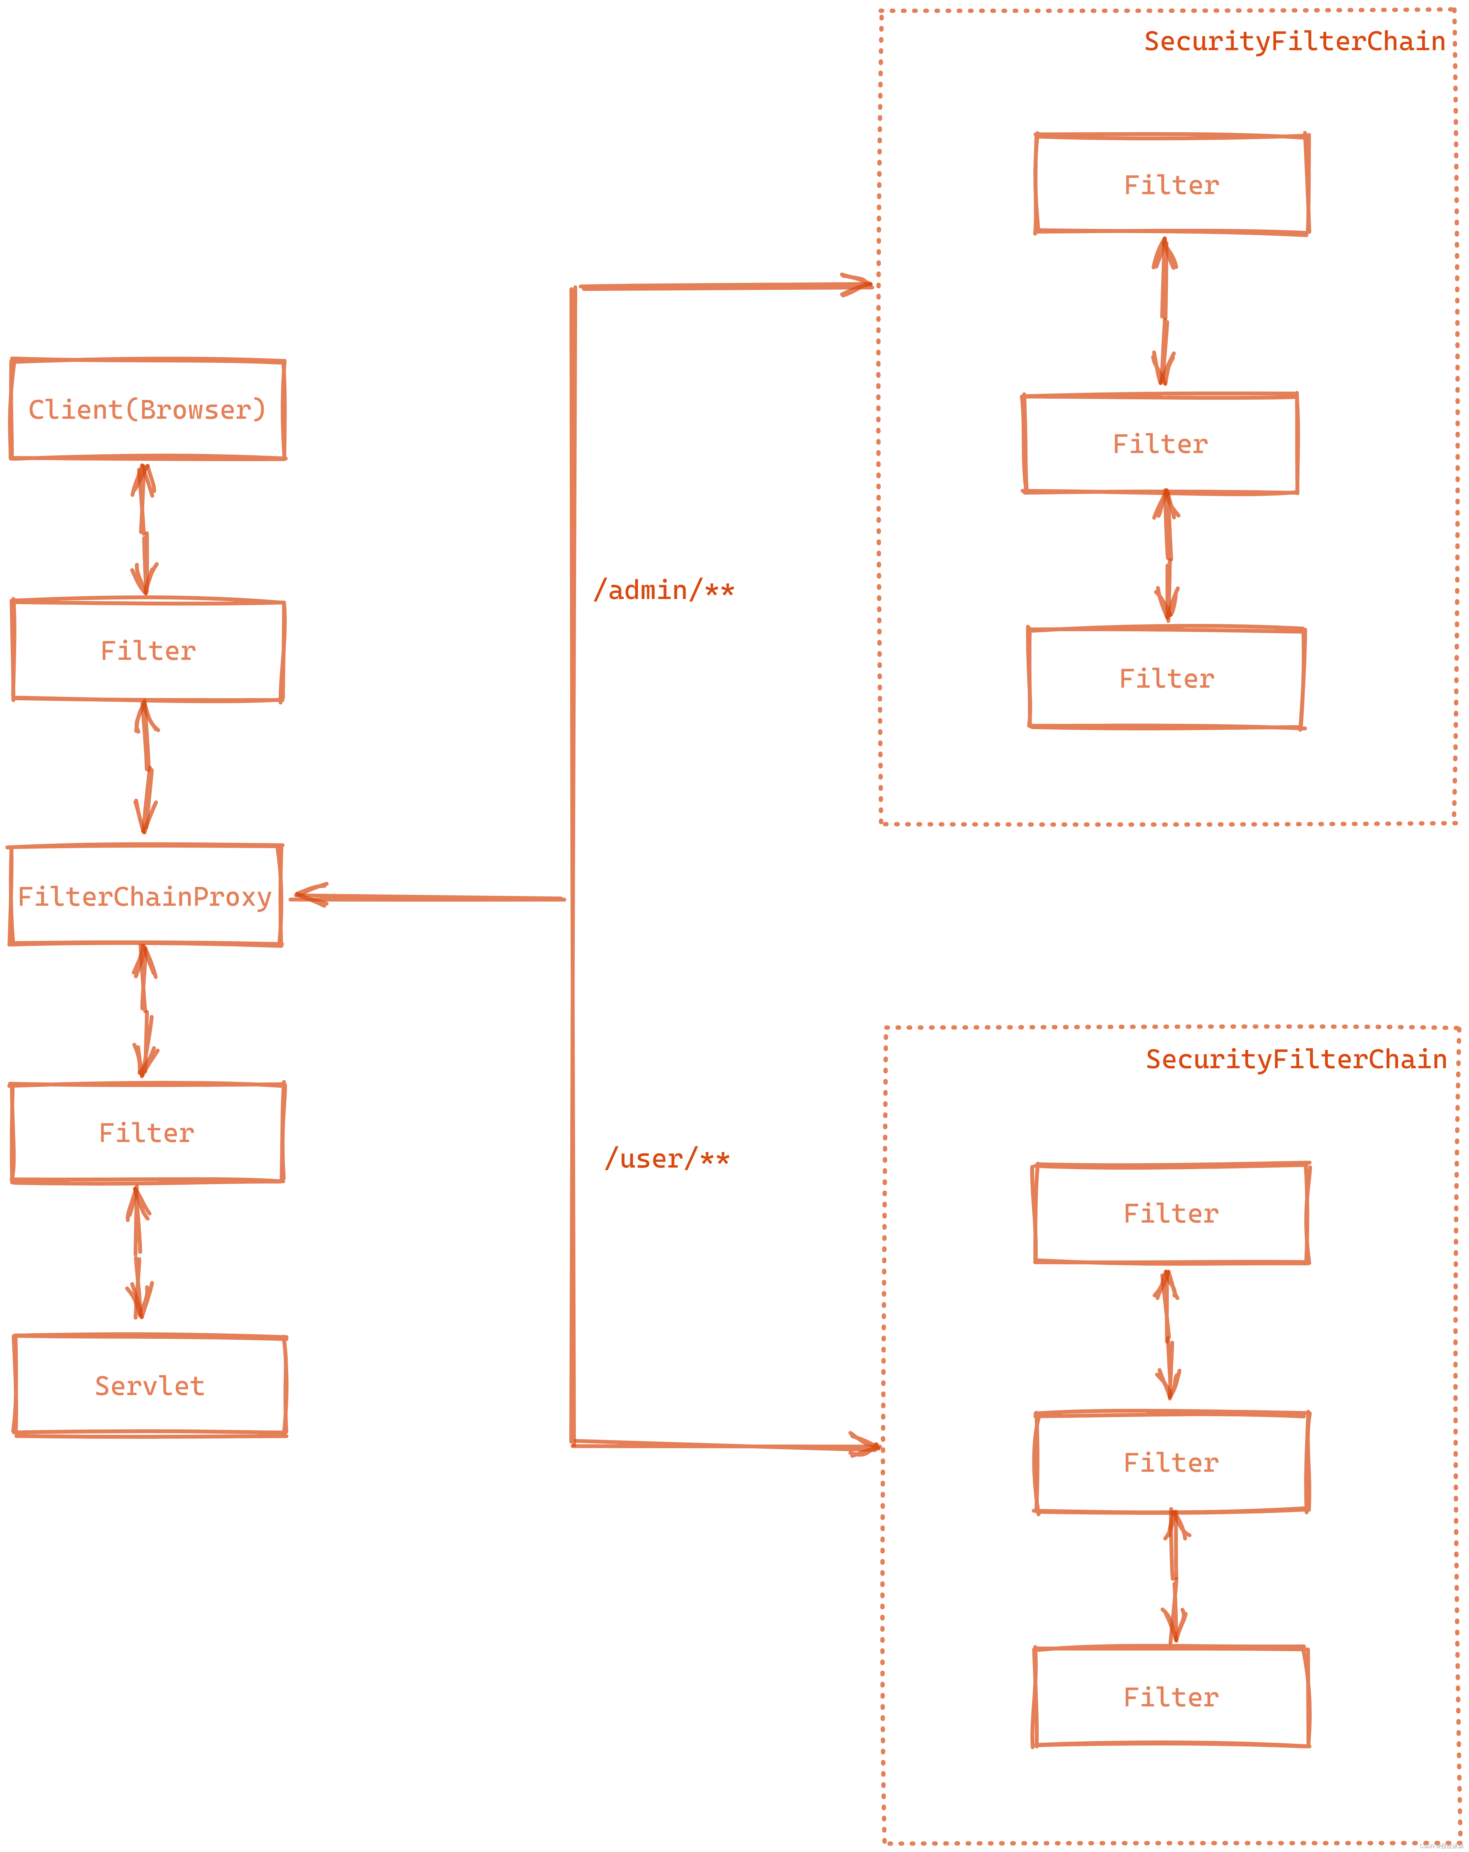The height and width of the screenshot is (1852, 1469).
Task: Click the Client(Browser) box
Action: tap(147, 410)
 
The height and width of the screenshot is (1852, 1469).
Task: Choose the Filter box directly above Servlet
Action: tap(147, 1133)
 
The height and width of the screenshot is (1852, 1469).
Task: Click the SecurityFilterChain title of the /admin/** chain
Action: tap(1294, 41)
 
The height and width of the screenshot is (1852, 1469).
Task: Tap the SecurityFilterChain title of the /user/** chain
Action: tap(1296, 1059)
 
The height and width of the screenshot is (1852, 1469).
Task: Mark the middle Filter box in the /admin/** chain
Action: tap(1160, 444)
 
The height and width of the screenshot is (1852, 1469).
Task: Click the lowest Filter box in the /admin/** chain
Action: tap(1166, 679)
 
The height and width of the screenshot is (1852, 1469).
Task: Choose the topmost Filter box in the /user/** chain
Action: tap(1171, 1214)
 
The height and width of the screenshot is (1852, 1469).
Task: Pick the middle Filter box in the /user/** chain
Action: tap(1171, 1463)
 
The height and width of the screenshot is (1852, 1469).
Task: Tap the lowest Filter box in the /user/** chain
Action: tap(1171, 1697)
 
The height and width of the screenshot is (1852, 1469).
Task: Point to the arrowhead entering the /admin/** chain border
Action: tap(857, 285)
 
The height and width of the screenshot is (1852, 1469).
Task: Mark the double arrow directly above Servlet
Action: tap(138, 1253)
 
